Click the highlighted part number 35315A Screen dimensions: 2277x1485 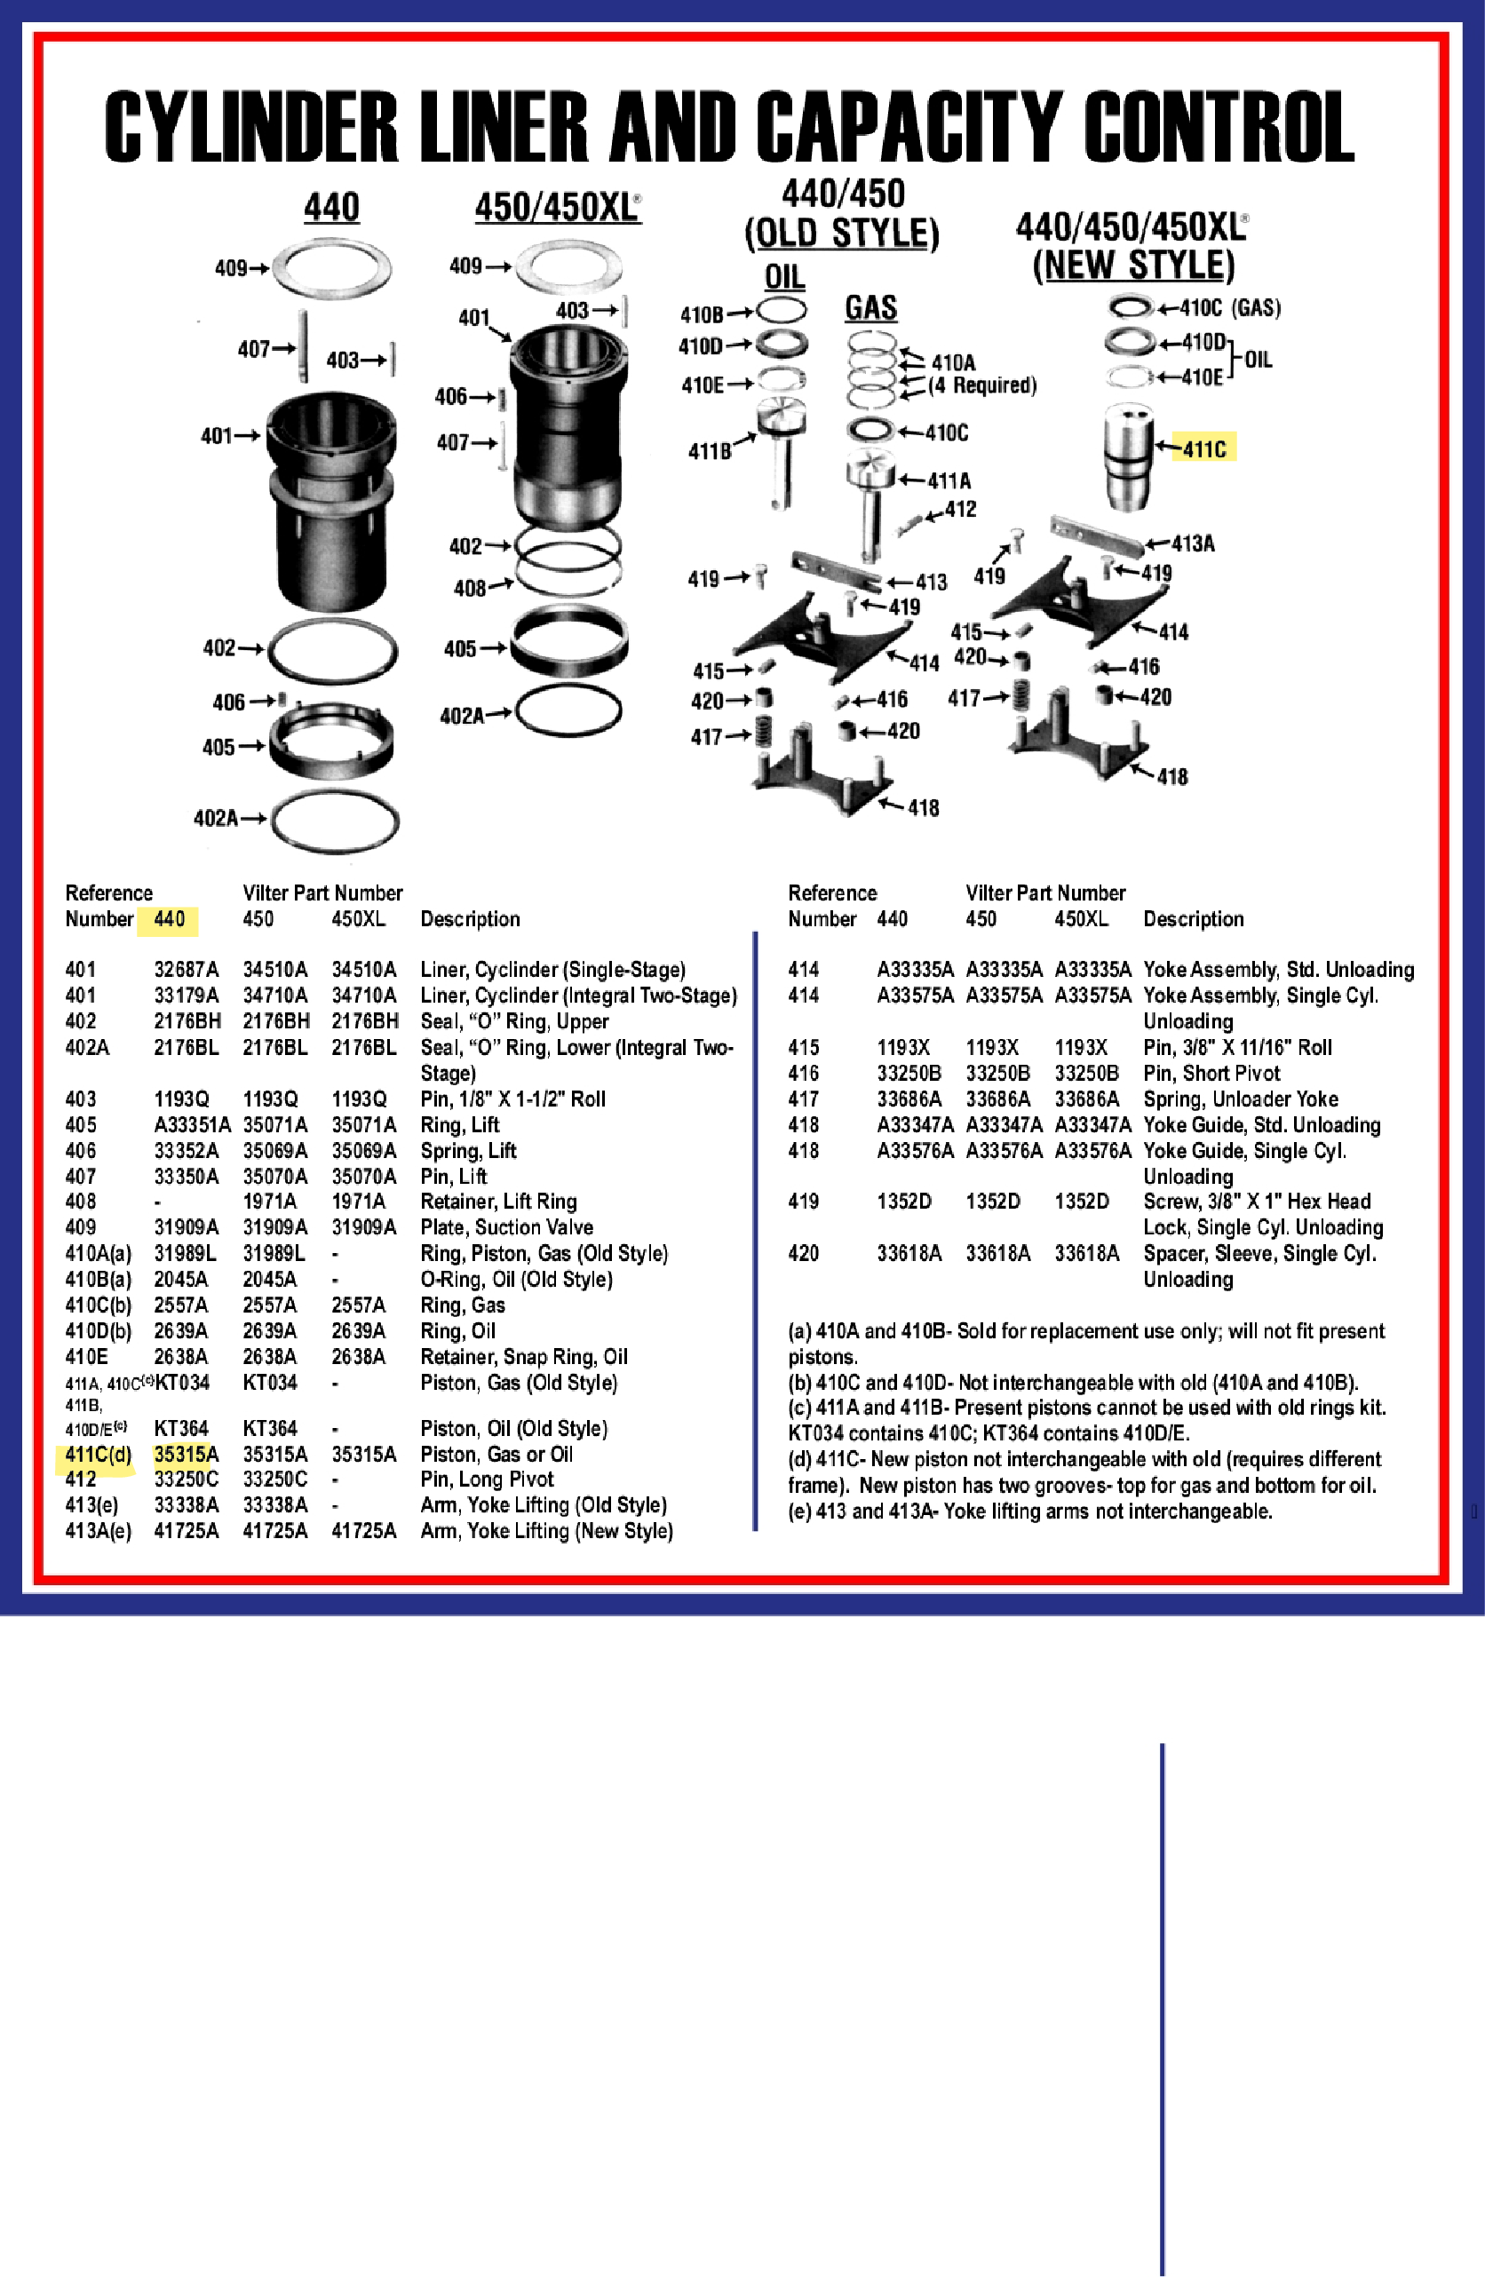[186, 1455]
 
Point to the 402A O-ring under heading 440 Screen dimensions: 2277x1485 [334, 821]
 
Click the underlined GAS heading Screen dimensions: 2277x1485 [870, 308]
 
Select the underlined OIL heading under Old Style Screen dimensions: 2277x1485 [783, 277]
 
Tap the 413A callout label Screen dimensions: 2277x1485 [1192, 543]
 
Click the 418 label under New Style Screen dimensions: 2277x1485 [1172, 776]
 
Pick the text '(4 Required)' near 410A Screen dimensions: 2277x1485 [981, 385]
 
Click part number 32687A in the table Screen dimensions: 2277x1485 [186, 969]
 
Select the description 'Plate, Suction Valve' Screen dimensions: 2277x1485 [506, 1226]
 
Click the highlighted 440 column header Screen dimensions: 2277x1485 [169, 918]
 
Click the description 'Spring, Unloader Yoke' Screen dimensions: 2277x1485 [1240, 1099]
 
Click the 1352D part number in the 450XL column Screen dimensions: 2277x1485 [1081, 1201]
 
